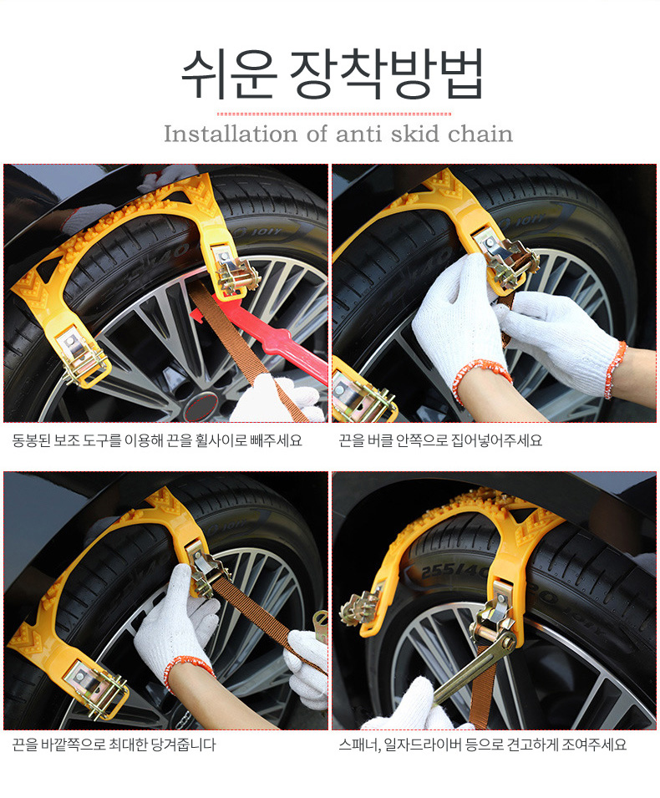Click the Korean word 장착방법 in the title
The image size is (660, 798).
[387, 74]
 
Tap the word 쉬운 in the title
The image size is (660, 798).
[229, 74]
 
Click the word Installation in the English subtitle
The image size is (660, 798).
[231, 134]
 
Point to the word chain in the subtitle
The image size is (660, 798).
[480, 134]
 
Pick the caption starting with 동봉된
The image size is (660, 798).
[157, 440]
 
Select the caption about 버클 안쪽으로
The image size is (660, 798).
[440, 440]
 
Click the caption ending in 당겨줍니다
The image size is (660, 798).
[114, 745]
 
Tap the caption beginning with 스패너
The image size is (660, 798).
[482, 745]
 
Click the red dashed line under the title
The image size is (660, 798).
[334, 114]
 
